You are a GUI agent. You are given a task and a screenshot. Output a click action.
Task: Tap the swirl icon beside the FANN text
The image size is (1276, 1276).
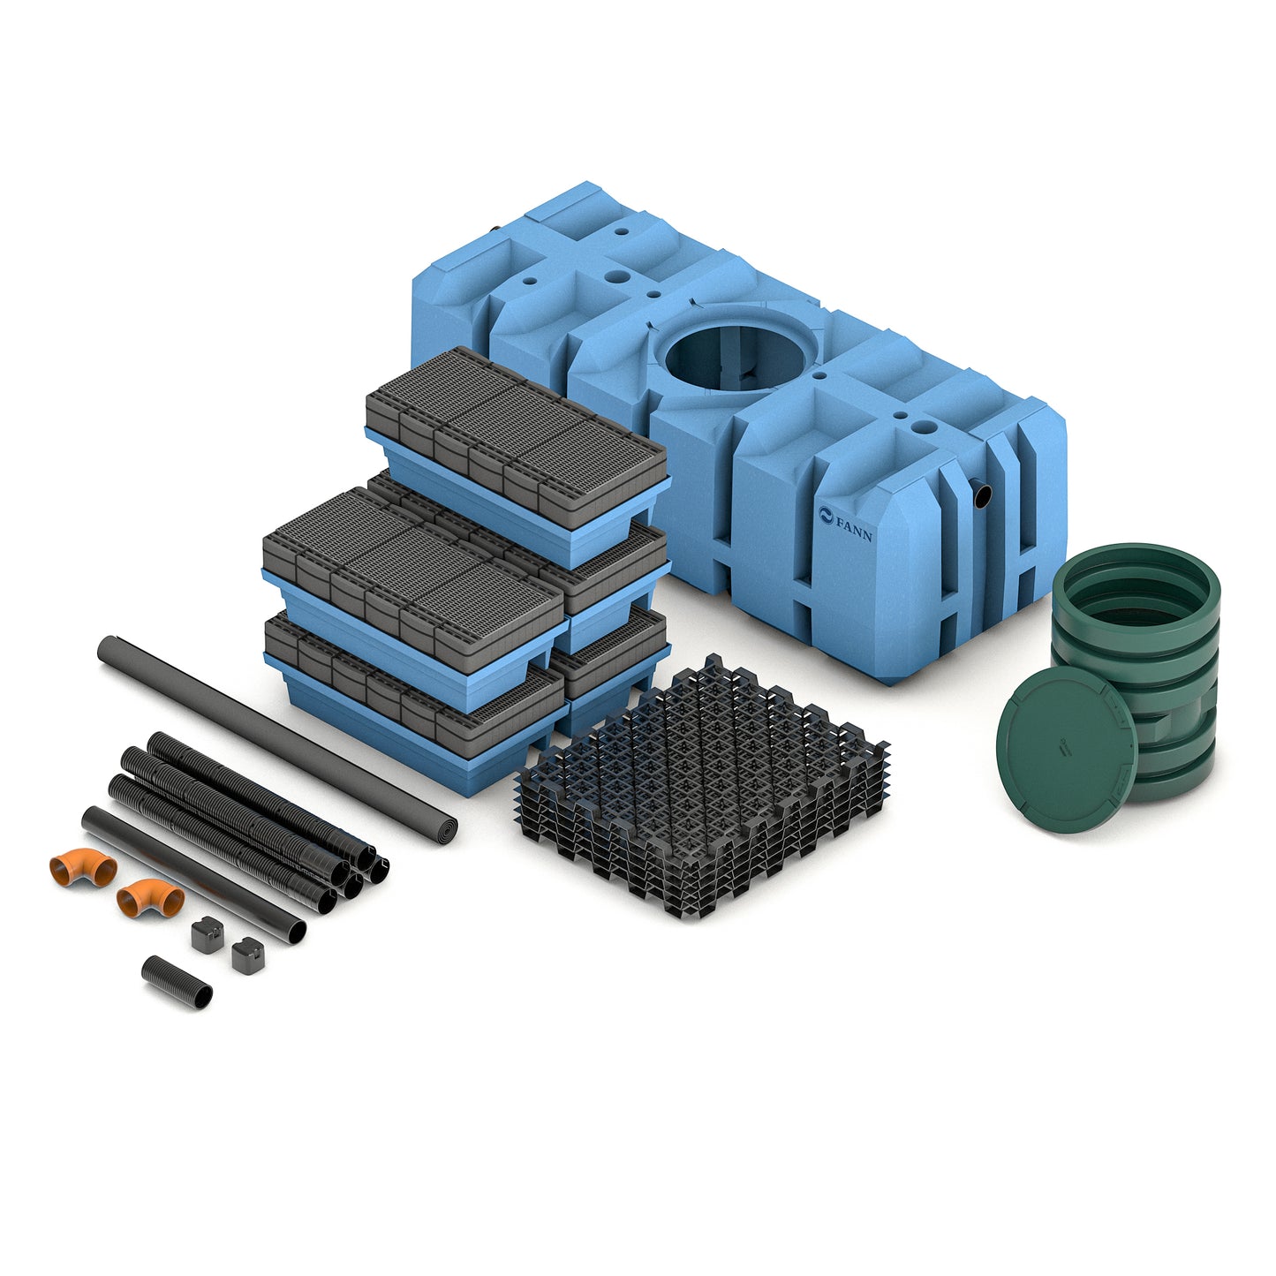click(827, 515)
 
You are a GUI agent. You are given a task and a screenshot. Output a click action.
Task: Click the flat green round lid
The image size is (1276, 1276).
click(1067, 749)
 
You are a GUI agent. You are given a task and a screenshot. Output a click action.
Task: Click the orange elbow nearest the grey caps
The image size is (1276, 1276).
click(149, 897)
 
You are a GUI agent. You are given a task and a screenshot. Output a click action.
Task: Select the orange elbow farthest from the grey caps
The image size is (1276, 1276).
click(83, 867)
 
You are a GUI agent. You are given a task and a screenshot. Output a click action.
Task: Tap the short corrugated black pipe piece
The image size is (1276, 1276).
click(177, 982)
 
